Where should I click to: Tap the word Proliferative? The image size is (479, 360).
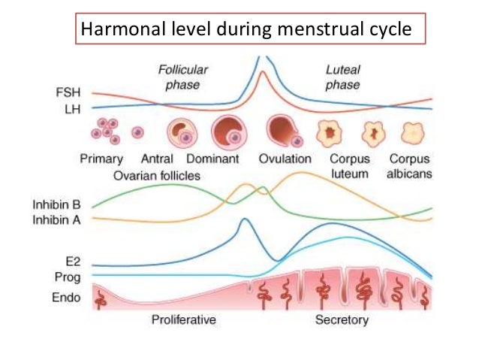click(184, 320)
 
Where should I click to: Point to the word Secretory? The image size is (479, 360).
click(342, 320)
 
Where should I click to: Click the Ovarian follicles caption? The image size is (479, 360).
click(157, 175)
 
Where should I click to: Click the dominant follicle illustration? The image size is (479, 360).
click(227, 133)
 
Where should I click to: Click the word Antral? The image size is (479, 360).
click(157, 159)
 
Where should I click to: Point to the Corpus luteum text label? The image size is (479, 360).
click(349, 167)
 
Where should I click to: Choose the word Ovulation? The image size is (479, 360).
click(285, 159)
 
